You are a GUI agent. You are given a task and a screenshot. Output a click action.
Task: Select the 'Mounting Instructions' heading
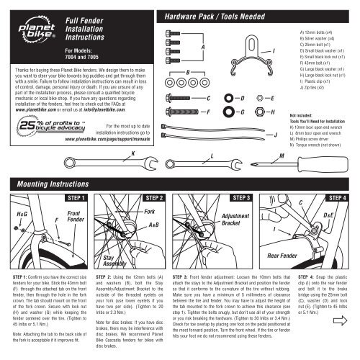(x=45, y=163)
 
